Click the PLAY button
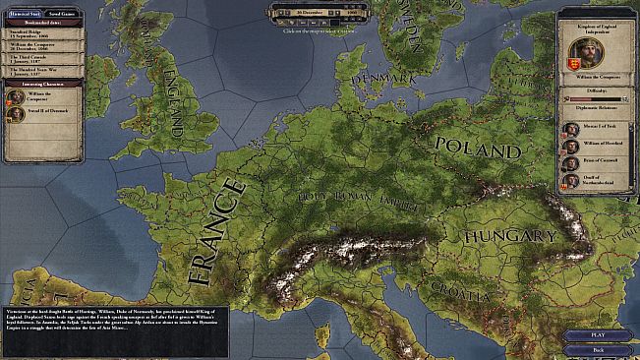click(x=599, y=334)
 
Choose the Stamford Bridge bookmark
click(x=41, y=33)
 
